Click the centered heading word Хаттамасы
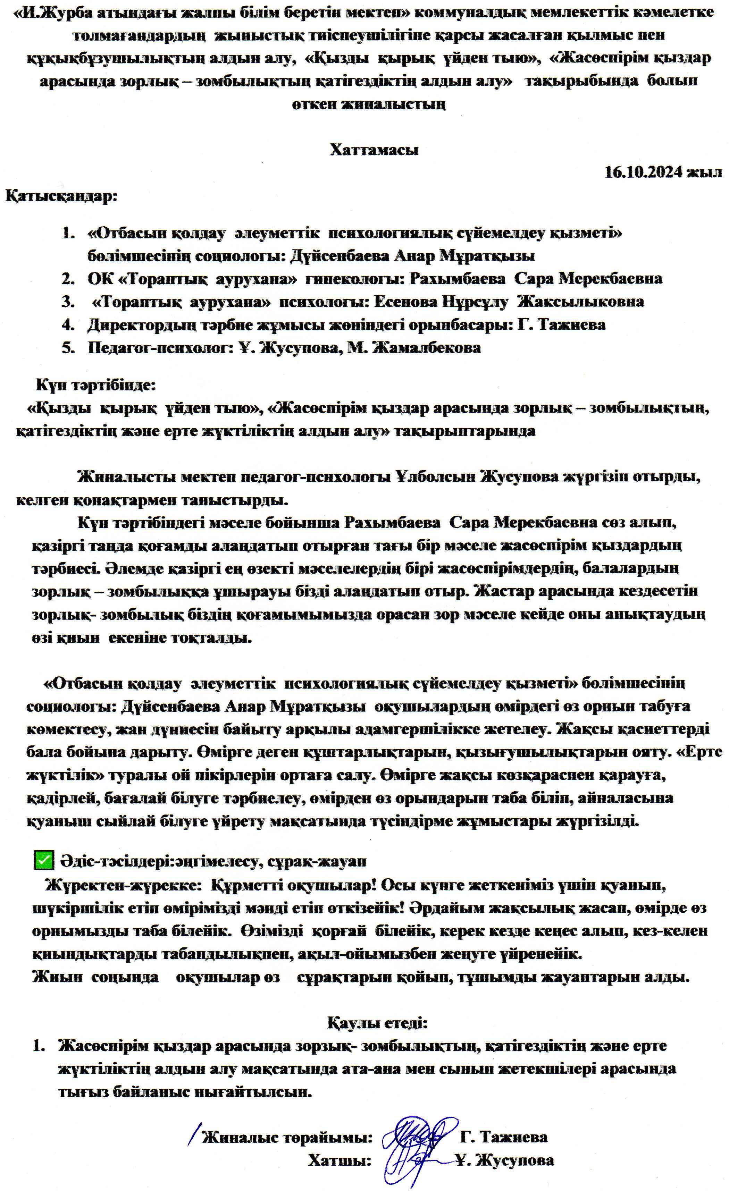pyautogui.click(x=374, y=150)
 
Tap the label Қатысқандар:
pyautogui.click(x=61, y=196)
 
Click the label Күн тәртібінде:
pyautogui.click(x=96, y=386)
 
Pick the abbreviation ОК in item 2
pyautogui.click(x=99, y=279)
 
